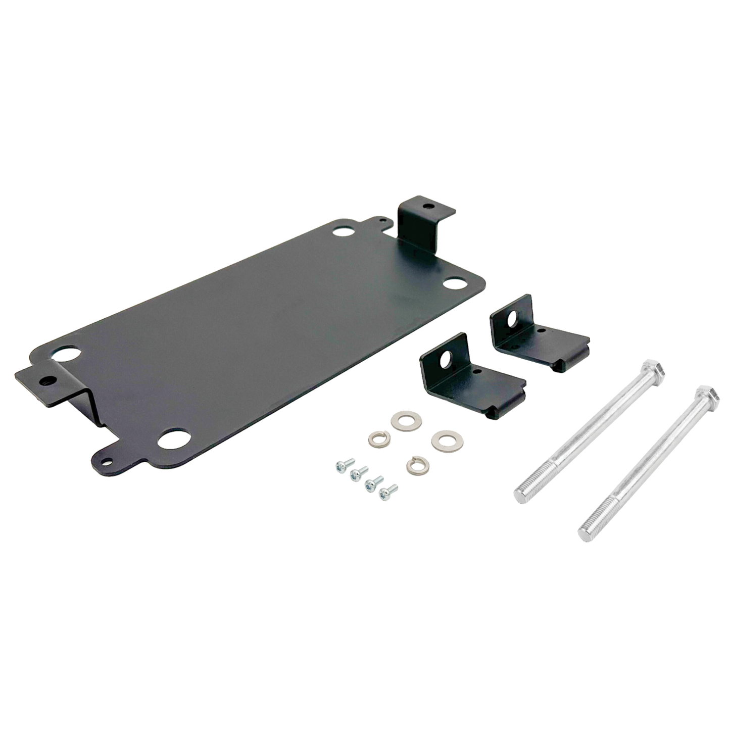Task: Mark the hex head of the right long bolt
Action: [x=706, y=397]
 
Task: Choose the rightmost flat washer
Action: [x=442, y=438]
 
